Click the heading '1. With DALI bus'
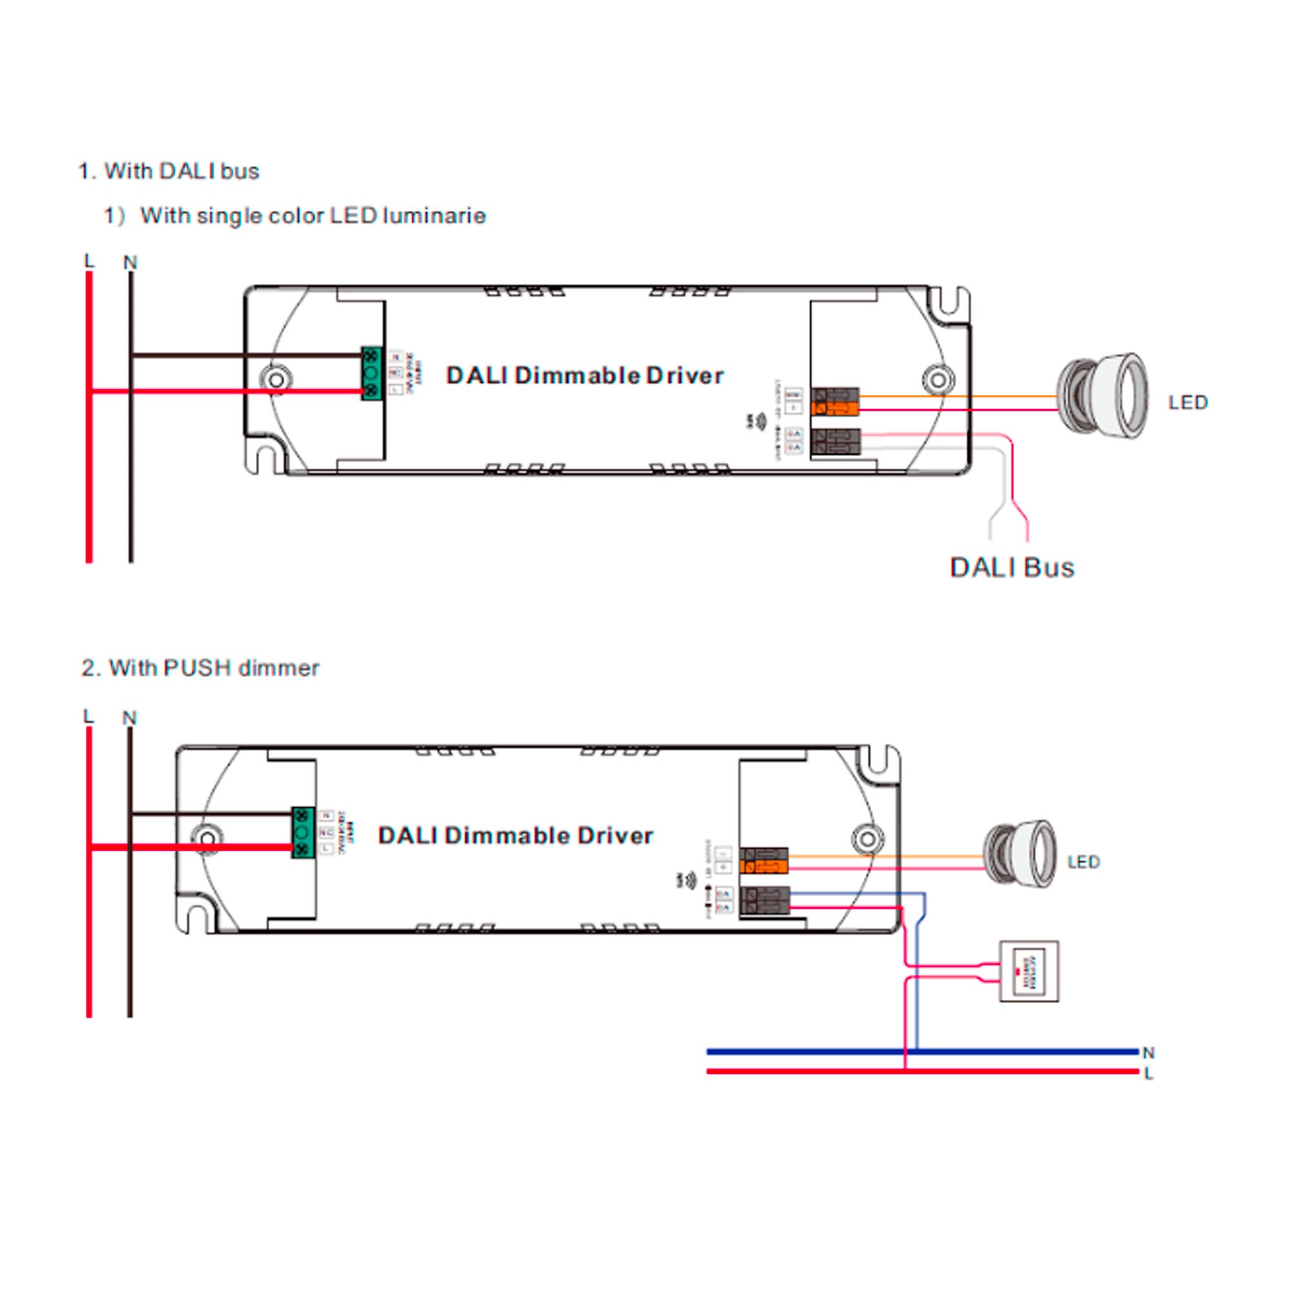click(168, 171)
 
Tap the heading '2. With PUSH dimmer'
click(201, 668)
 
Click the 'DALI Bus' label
click(1011, 568)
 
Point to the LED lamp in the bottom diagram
click(1020, 855)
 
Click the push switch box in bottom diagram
click(1029, 971)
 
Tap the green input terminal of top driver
click(372, 374)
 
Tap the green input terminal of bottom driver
click(303, 833)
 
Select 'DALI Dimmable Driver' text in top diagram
click(585, 375)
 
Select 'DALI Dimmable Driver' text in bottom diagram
click(515, 835)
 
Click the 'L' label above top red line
click(89, 261)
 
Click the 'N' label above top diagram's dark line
click(130, 263)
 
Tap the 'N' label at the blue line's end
click(1149, 1053)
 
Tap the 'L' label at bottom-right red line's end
click(1149, 1074)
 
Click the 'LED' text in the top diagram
click(1188, 402)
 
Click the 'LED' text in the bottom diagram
click(1083, 862)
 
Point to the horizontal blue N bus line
click(801, 1051)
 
